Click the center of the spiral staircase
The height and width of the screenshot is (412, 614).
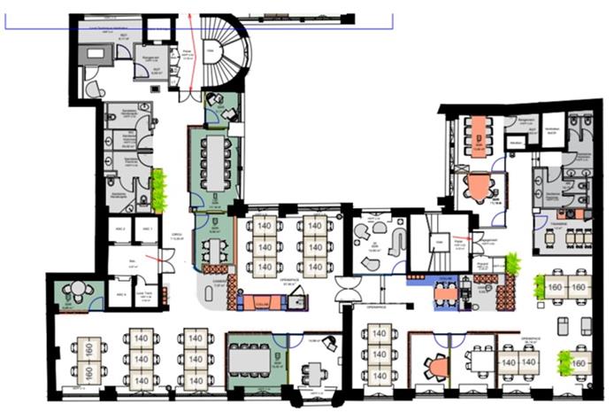click(212, 53)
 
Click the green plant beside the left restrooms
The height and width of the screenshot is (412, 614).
click(159, 190)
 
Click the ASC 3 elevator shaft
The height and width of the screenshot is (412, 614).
click(121, 292)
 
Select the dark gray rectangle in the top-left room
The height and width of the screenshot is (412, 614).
click(94, 53)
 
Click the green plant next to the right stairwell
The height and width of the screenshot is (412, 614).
click(510, 264)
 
